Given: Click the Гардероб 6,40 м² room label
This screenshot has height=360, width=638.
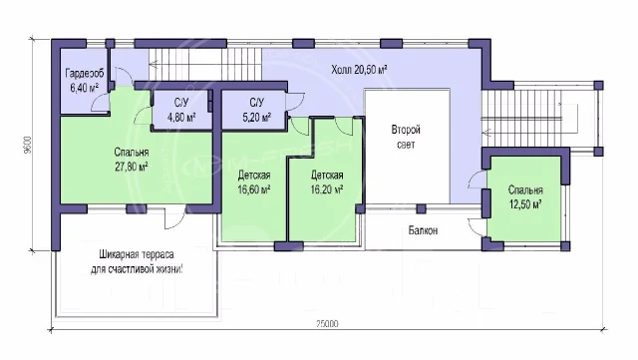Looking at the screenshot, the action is (85, 80).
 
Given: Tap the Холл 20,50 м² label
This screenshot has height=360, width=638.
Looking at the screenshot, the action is (359, 69).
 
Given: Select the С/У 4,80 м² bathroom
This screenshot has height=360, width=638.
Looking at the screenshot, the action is (181, 110).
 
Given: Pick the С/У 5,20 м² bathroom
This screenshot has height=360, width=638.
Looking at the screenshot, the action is (257, 110).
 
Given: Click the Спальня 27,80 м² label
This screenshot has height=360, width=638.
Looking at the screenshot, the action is (131, 160).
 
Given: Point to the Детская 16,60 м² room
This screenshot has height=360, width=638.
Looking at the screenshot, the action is (254, 182).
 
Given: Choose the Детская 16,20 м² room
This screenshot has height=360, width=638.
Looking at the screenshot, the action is (327, 182).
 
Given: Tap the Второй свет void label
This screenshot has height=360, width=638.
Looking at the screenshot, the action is (406, 137).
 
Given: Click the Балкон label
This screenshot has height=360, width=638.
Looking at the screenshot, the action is (423, 230).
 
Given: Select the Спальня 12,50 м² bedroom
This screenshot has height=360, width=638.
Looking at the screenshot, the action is (525, 197).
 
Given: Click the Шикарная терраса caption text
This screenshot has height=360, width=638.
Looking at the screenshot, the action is (137, 261).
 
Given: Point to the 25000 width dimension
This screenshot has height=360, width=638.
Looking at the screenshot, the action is (327, 324).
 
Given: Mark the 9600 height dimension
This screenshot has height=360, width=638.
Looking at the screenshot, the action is (27, 145).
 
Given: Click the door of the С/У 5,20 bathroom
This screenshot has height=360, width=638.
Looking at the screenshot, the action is (295, 101).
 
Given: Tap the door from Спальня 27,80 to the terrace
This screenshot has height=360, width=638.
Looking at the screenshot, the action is (175, 217).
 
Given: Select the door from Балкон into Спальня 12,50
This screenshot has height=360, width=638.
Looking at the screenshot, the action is (477, 226).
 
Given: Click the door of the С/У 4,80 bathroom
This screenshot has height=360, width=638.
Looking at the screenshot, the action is (143, 116).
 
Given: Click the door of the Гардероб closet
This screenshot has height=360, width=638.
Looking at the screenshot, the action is (100, 102).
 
